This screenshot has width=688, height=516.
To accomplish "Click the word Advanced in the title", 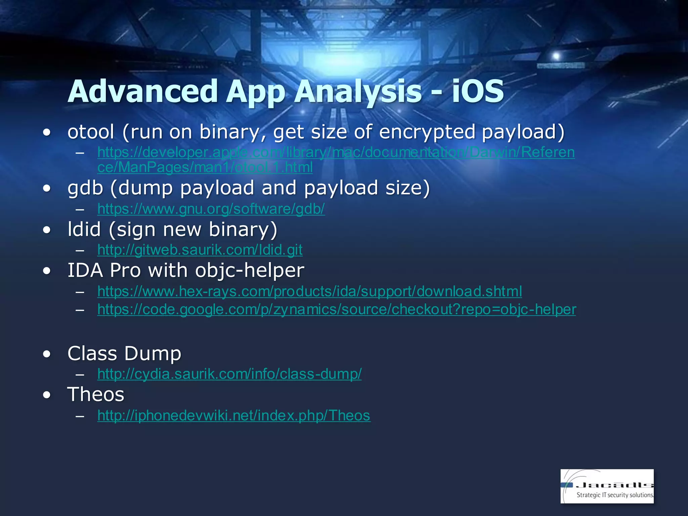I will tap(143, 91).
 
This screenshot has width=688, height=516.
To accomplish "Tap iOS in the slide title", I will tap(477, 91).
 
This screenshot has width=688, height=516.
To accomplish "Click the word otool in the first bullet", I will tap(91, 132).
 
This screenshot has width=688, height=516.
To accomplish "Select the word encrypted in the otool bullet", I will tap(427, 132).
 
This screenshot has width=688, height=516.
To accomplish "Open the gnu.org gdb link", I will tap(211, 209).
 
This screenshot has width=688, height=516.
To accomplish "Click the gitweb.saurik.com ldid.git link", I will tap(200, 250).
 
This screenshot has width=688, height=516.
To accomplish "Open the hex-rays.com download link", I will tap(309, 291).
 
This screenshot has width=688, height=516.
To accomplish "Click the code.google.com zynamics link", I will tap(337, 309).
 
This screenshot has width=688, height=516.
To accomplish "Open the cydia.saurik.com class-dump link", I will tap(229, 374).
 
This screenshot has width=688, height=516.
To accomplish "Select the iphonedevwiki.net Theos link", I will tap(234, 416).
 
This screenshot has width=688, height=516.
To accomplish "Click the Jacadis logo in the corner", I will tap(607, 486).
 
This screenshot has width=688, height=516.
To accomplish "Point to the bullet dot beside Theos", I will tap(47, 395).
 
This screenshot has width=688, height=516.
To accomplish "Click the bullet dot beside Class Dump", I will tap(47, 354).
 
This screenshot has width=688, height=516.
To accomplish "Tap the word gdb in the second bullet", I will tap(85, 188).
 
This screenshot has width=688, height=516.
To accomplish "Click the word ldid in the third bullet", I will tap(84, 229).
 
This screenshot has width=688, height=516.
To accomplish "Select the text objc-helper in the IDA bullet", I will tap(250, 270).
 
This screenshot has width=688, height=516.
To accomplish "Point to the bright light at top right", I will tap(556, 56).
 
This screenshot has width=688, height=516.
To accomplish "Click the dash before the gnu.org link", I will tap(80, 210).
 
